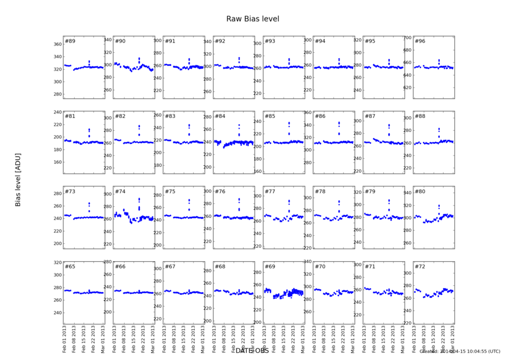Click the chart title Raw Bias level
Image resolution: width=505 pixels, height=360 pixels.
(252, 19)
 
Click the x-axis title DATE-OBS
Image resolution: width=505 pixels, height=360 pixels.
(252, 350)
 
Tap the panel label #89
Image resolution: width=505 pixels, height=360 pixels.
(70, 41)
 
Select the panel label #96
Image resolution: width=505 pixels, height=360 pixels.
(420, 41)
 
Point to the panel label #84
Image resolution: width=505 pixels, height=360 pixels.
(220, 116)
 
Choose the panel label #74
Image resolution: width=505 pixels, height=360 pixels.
(120, 192)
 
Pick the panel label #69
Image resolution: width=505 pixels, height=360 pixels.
(270, 266)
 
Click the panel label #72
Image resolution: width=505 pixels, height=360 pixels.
(420, 266)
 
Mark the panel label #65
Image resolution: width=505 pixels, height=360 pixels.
(70, 266)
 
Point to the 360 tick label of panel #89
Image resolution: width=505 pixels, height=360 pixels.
(56, 44)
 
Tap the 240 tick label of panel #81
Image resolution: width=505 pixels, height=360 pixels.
(56, 112)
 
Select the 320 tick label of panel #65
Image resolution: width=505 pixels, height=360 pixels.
(56, 262)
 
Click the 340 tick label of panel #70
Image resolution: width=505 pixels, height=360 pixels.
(306, 262)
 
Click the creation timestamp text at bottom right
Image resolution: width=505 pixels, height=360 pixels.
(460, 352)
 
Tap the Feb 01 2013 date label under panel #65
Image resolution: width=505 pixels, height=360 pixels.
(65, 340)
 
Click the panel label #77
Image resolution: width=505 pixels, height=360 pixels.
(270, 192)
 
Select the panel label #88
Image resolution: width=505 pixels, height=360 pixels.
(420, 116)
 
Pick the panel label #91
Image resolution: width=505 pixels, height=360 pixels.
(170, 41)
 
